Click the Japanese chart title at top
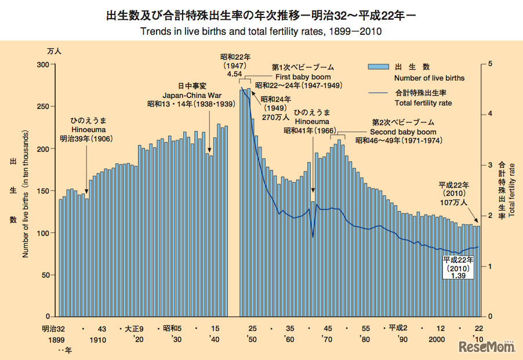[x=261, y=15]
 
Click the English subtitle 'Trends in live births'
[x=261, y=30]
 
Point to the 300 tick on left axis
[x=43, y=64]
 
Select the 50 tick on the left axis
[x=46, y=275]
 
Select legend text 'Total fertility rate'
[x=423, y=103]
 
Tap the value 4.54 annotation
[x=235, y=74]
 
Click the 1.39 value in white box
[x=458, y=277]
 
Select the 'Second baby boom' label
[x=399, y=132]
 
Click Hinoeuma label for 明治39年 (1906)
[x=86, y=131]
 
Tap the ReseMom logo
[x=486, y=347]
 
